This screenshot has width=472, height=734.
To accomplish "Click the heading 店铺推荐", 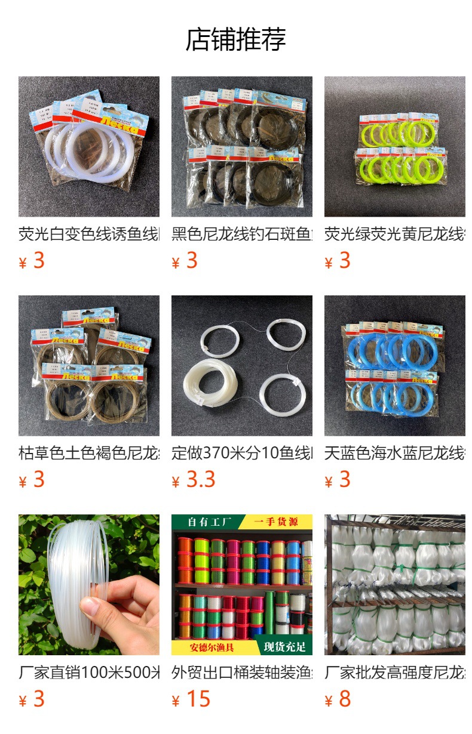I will click(x=236, y=39).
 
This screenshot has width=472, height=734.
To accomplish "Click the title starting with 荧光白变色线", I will click(x=89, y=234).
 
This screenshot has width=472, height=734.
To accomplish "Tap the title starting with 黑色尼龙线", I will click(x=242, y=234).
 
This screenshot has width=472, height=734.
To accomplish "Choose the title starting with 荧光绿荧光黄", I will click(x=395, y=234).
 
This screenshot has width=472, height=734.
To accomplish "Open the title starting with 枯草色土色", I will click(x=89, y=453).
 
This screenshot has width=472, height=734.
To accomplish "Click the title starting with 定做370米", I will click(x=242, y=453).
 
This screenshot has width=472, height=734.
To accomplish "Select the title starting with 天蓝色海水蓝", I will click(x=395, y=453).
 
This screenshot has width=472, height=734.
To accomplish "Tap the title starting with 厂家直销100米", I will click(x=89, y=673).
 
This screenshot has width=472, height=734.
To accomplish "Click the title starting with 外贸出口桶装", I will click(x=242, y=673).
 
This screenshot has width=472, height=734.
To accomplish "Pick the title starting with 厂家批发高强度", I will click(x=395, y=673).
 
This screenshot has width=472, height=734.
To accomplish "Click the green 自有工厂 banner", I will click(x=206, y=522).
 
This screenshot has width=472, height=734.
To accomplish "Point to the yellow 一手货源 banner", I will click(x=276, y=522).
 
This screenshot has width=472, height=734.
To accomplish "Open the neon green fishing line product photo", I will click(x=395, y=146).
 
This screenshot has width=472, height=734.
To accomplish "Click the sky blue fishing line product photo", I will click(x=395, y=366).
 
